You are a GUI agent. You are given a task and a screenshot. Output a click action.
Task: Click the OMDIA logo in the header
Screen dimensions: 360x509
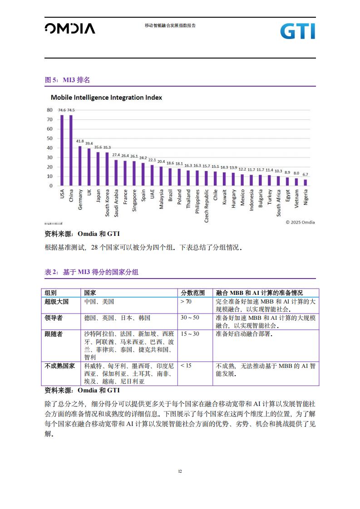[70, 29]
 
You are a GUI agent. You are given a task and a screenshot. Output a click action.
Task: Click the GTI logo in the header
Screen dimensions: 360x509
[298, 31]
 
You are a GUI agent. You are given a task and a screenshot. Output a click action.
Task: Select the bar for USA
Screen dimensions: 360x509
[62, 150]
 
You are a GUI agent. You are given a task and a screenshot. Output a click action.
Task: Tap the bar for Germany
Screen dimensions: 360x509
[80, 166]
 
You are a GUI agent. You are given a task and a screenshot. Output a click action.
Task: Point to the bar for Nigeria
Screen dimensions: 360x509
[306, 182]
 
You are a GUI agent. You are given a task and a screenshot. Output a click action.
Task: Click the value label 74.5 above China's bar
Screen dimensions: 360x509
[71, 110]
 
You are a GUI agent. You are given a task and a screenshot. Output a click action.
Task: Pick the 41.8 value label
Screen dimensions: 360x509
[80, 141]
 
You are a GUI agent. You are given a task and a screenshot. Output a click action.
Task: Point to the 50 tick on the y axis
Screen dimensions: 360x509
[50, 138]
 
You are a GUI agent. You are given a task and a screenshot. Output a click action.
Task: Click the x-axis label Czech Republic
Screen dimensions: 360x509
[206, 206]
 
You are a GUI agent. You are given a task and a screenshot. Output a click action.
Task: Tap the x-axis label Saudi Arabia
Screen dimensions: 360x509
[116, 203]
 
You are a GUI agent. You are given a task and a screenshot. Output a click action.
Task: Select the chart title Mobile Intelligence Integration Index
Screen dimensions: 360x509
[106, 98]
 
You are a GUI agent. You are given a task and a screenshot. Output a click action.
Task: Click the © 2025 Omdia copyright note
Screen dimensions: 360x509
[300, 222]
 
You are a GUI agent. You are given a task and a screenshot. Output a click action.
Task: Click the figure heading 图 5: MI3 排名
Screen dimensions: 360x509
[67, 80]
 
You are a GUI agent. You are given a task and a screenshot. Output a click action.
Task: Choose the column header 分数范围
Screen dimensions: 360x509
[192, 293]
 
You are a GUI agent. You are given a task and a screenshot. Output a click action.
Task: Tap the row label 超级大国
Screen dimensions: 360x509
[57, 302]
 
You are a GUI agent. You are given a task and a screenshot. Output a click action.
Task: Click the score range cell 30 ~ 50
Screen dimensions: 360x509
[190, 318]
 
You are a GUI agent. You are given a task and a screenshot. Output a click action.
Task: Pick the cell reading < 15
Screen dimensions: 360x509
[186, 366]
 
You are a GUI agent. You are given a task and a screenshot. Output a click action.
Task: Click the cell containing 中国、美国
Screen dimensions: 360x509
[99, 302]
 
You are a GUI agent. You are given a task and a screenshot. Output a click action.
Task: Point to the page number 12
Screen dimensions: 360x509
[180, 471]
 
